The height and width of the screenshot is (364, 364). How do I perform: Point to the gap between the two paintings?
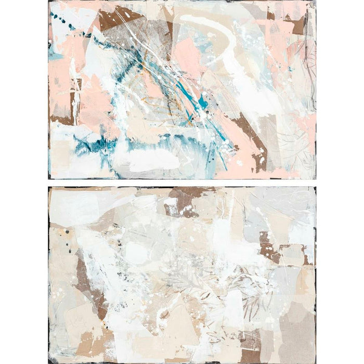click(182, 183)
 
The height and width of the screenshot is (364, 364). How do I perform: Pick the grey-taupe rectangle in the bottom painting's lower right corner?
click(296, 333)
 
